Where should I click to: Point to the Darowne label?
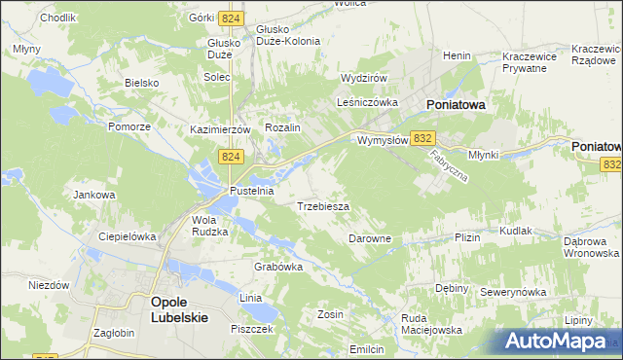point(370,238)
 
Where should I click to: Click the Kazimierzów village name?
point(221,129)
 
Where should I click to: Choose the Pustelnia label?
point(251,192)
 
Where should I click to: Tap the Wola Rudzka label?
point(209,226)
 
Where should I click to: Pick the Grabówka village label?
point(278,267)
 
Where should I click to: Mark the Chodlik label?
point(31,18)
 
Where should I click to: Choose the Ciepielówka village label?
point(128,236)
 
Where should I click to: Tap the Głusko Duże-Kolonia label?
point(281,35)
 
